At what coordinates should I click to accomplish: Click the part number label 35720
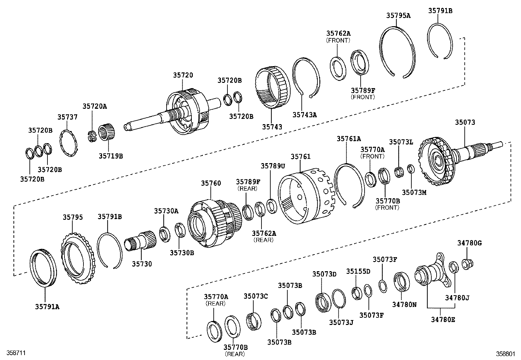[183, 75]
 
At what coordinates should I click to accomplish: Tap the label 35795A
[398, 15]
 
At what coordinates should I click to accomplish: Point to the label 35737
[68, 117]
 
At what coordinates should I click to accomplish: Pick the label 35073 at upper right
[465, 122]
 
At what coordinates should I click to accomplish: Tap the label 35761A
[349, 139]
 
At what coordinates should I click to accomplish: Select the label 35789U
[271, 166]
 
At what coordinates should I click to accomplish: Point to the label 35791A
[47, 307]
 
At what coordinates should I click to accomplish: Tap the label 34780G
[469, 243]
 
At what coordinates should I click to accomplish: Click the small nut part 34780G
[467, 263]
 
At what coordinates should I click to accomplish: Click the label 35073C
[256, 296]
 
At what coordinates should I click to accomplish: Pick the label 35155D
[358, 271]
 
